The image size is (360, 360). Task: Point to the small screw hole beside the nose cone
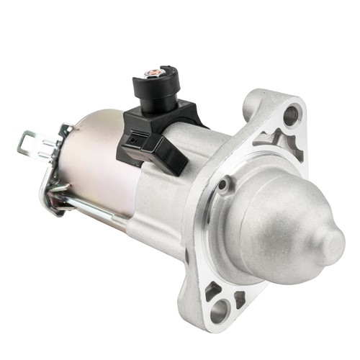(x=225, y=186)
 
